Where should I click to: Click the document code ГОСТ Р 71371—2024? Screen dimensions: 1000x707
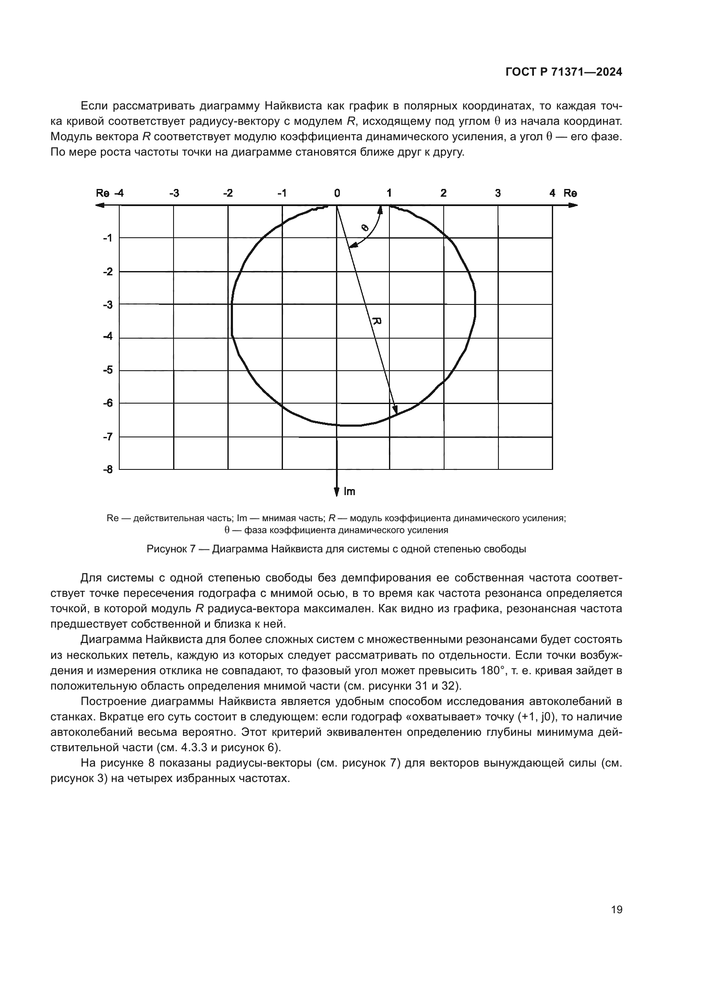[x=564, y=73]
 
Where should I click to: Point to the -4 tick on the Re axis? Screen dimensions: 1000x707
[x=118, y=193]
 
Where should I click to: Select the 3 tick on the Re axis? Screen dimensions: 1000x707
[x=498, y=193]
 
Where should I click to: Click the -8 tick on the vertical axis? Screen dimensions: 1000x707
[x=108, y=469]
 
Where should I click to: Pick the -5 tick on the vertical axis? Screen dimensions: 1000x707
[x=108, y=370]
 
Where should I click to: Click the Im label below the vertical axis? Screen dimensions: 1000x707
[x=349, y=492]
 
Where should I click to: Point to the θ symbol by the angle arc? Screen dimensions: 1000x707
[x=365, y=227]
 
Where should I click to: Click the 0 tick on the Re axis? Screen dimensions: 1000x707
[x=337, y=193]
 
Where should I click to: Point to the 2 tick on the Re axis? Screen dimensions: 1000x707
[x=443, y=193]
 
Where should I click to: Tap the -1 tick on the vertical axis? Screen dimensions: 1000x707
[x=108, y=238]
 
